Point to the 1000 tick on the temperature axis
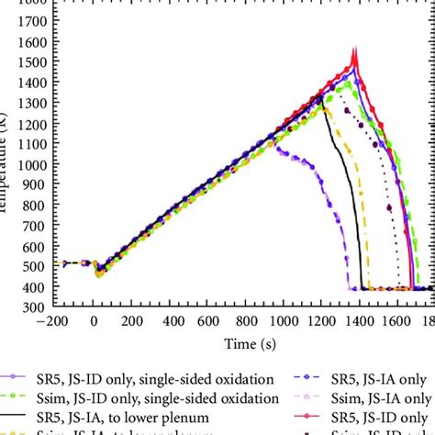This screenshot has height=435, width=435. coord(36,166)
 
